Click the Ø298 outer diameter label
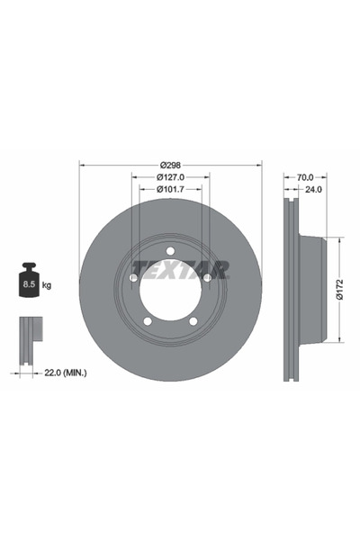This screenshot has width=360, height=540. pos(171,165)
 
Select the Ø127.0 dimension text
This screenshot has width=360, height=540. pos(171,177)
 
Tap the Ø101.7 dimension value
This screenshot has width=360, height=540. pos(171,189)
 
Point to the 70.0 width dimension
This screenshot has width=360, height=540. pos(305,177)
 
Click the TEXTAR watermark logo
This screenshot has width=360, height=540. pos(181,268)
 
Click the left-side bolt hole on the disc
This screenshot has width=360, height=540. pos(133,278)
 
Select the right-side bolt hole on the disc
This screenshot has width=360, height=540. pos(207,278)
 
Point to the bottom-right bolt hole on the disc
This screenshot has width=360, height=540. pos(193,321)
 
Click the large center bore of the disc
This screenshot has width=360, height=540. pos(170,292)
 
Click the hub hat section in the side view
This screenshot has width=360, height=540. pos(310,290)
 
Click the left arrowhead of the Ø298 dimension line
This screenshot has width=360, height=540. pos(83,165)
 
